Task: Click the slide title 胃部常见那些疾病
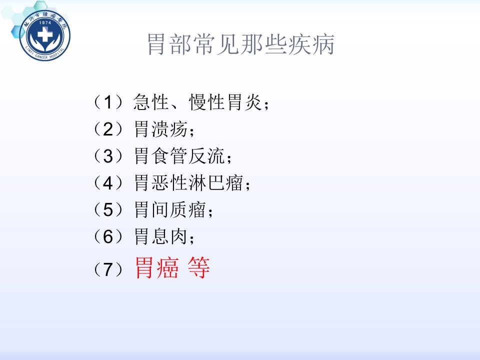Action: pyautogui.click(x=241, y=44)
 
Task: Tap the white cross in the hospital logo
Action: pyautogui.click(x=45, y=35)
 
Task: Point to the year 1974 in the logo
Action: pyautogui.click(x=45, y=22)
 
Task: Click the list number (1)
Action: pyautogui.click(x=108, y=102)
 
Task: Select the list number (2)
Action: pyautogui.click(x=108, y=129)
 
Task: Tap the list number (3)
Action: pyautogui.click(x=108, y=156)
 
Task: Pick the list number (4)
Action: pyautogui.click(x=108, y=183)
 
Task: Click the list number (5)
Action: pyautogui.click(x=108, y=209)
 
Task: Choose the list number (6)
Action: pyautogui.click(x=108, y=236)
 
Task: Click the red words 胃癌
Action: pyautogui.click(x=156, y=267)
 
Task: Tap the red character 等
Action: pyautogui.click(x=199, y=267)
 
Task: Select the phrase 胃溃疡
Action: pyautogui.click(x=161, y=129)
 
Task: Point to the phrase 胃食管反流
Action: pyautogui.click(x=180, y=156)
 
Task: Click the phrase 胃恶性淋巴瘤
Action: pyautogui.click(x=189, y=183)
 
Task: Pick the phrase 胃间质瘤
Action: pyautogui.click(x=170, y=209)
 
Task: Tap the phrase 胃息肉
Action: pyautogui.click(x=161, y=236)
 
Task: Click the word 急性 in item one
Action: pyautogui.click(x=151, y=102)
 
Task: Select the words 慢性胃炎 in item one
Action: pyautogui.click(x=225, y=102)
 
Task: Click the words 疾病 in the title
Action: pyautogui.click(x=311, y=44)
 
